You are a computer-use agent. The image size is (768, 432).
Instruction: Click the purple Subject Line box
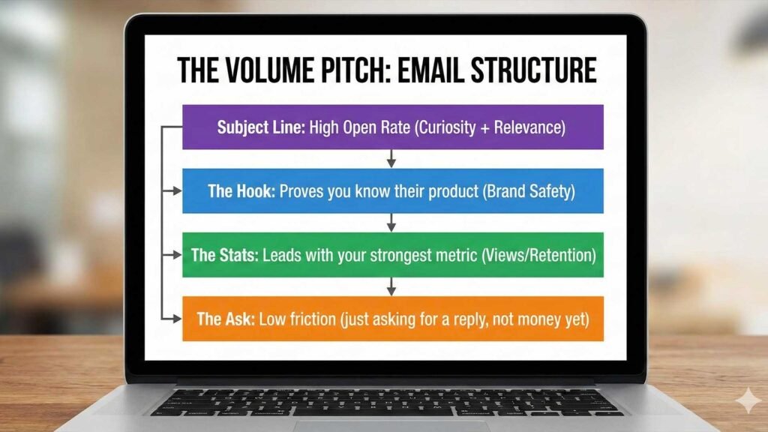click(393, 127)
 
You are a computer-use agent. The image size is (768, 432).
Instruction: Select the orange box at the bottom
click(393, 319)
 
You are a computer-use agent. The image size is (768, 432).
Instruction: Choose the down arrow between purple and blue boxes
click(391, 159)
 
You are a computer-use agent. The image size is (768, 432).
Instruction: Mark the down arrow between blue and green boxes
click(391, 223)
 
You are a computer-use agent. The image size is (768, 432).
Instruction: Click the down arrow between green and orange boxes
click(391, 286)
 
